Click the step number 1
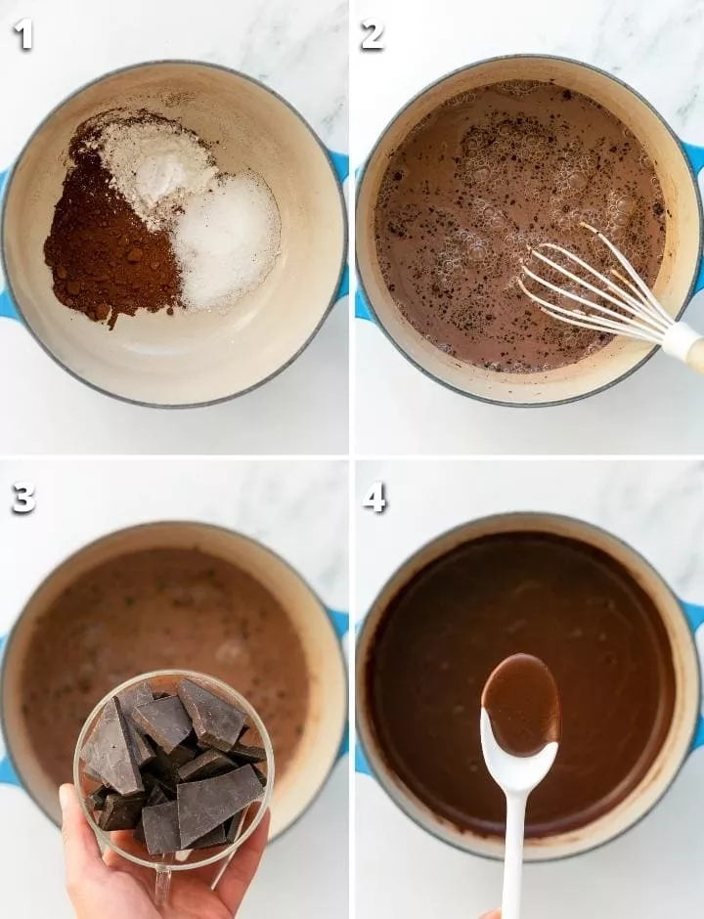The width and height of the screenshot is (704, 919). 22,34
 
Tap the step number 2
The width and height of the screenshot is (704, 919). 373,34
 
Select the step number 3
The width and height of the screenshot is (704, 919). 23,499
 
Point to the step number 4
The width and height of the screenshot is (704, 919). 374,499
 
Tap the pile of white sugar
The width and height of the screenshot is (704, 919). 229,241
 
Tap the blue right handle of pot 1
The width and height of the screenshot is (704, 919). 339,223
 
